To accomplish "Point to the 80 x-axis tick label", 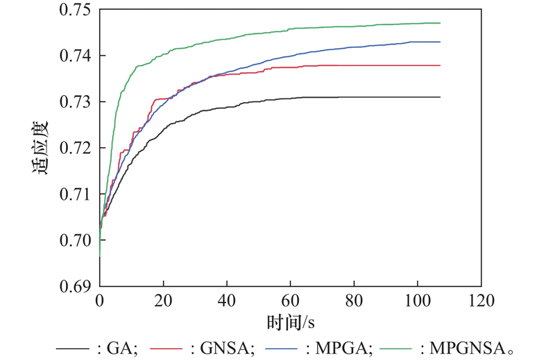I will click(x=354, y=301).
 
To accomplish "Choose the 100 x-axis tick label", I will click(x=417, y=301).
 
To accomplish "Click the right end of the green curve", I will click(x=440, y=23).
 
